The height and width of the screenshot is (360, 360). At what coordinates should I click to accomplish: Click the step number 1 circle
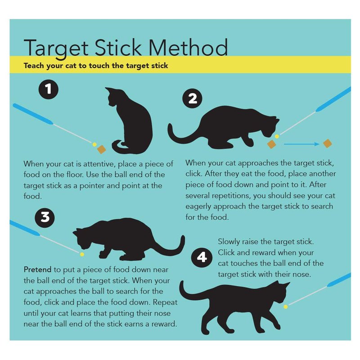[x=49, y=89]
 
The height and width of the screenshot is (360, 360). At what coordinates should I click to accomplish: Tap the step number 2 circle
[x=193, y=99]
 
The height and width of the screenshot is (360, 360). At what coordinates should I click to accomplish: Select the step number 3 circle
[x=45, y=217]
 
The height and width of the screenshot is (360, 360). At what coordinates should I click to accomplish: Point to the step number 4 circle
[x=202, y=257]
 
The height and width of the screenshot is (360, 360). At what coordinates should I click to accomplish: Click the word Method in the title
[x=188, y=47]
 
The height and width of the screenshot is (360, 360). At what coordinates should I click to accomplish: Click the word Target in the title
[x=56, y=48]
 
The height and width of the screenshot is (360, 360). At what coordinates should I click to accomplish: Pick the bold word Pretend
[x=37, y=269]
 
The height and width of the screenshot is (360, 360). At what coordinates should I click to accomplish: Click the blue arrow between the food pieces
[x=301, y=144]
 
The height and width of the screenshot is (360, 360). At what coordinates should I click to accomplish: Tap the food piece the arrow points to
[x=328, y=144]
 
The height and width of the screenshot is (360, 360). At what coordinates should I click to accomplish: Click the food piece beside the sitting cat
[x=101, y=149]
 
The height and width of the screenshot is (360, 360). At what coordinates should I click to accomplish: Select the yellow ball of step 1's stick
[x=94, y=144]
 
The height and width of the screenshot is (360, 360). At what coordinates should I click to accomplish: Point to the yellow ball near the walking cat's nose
[x=286, y=306]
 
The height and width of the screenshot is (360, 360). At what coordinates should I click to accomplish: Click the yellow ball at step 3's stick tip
[x=82, y=254]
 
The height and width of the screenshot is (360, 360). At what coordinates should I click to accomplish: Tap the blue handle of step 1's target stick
[x=33, y=114]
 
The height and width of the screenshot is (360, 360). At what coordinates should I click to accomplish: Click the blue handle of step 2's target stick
[x=333, y=99]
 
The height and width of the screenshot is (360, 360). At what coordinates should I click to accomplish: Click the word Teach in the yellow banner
[x=34, y=66]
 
